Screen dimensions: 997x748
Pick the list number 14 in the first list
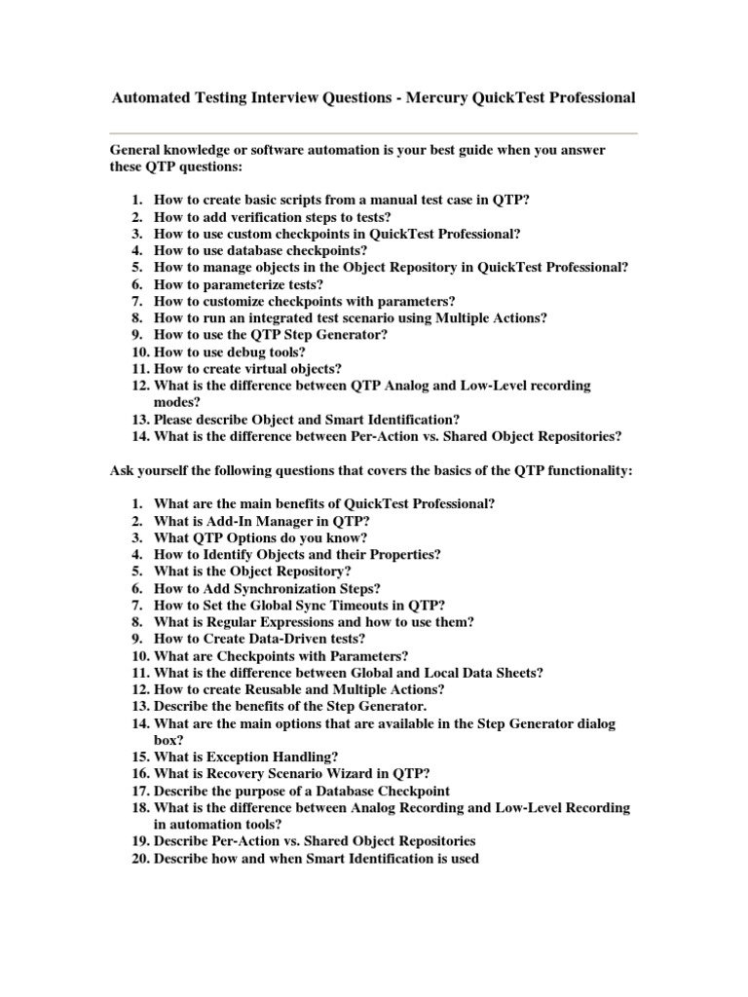138,436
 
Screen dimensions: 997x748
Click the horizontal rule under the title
374,132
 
